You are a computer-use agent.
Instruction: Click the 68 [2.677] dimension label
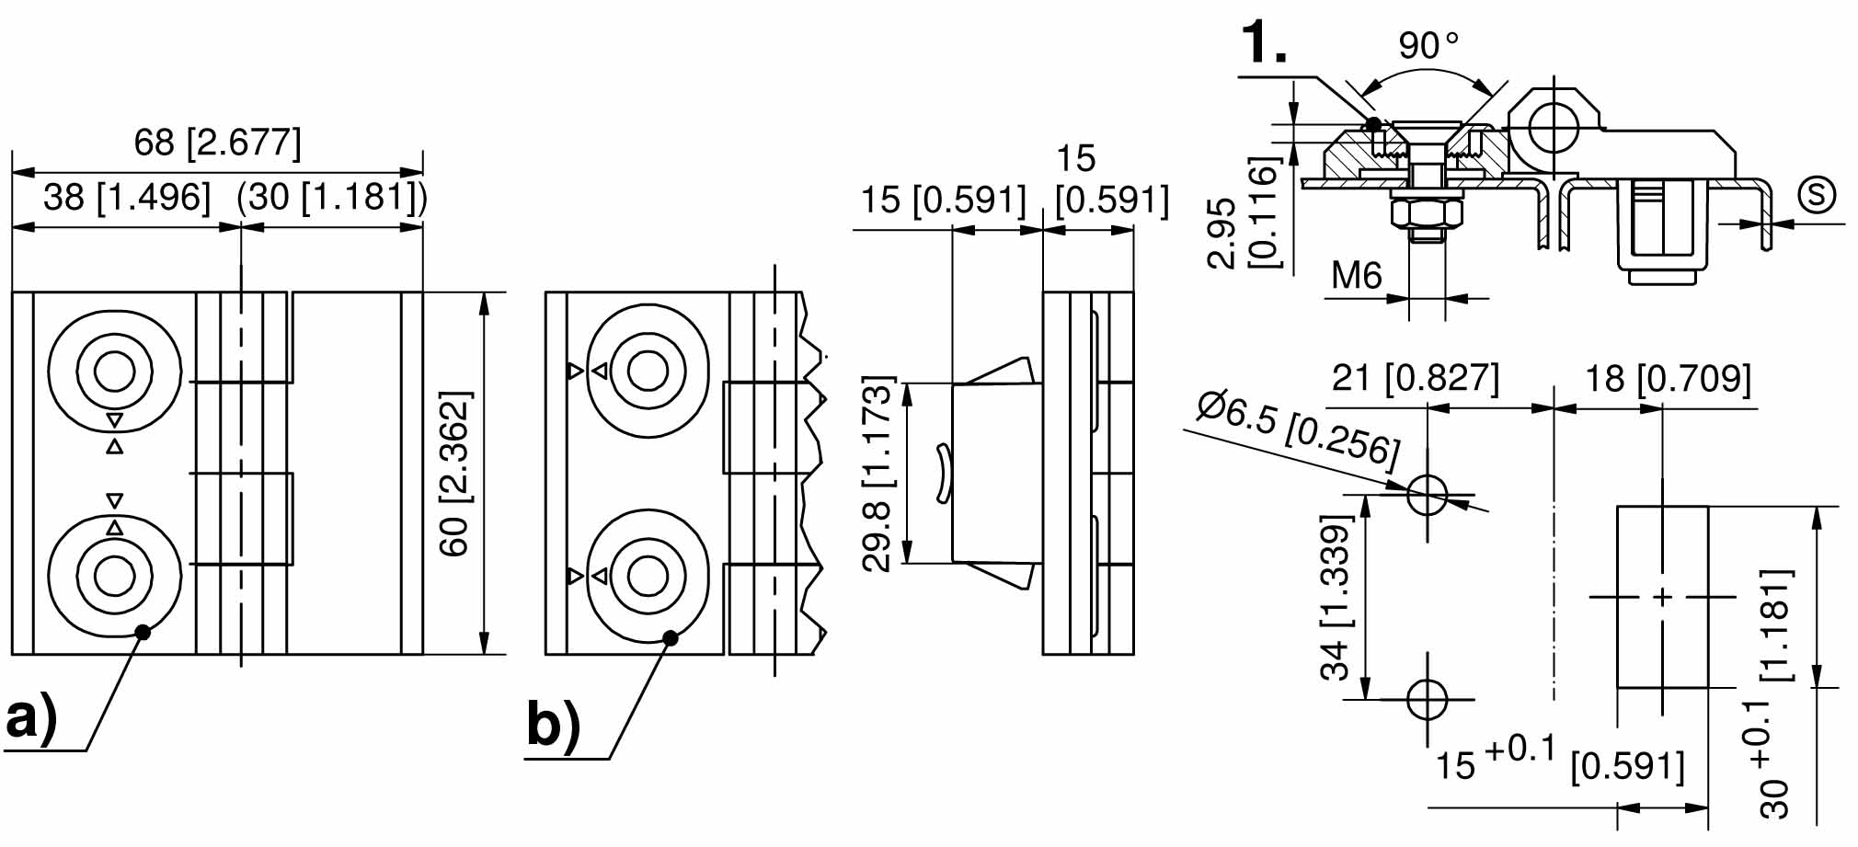click(217, 143)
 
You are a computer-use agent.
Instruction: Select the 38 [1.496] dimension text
click(127, 197)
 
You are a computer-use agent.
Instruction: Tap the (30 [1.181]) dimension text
click(332, 197)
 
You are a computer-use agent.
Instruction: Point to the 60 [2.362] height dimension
click(454, 473)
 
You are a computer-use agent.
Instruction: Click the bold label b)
click(554, 724)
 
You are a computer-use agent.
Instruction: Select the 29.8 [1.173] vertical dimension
click(878, 474)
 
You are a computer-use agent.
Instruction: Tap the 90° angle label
click(1428, 45)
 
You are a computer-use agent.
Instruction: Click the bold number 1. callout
click(1264, 42)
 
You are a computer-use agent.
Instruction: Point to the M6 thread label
click(1357, 275)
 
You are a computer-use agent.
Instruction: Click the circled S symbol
click(1817, 195)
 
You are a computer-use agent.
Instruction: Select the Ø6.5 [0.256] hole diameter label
click(1298, 427)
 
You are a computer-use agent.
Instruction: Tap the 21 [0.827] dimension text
click(1415, 378)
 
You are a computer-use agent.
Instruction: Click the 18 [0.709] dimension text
click(1668, 378)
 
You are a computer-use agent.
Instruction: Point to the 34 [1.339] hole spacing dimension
click(1336, 596)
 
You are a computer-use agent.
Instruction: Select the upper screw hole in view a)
click(114, 372)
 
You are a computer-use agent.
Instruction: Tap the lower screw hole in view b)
click(648, 577)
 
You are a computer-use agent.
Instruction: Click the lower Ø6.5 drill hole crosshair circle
click(1427, 699)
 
